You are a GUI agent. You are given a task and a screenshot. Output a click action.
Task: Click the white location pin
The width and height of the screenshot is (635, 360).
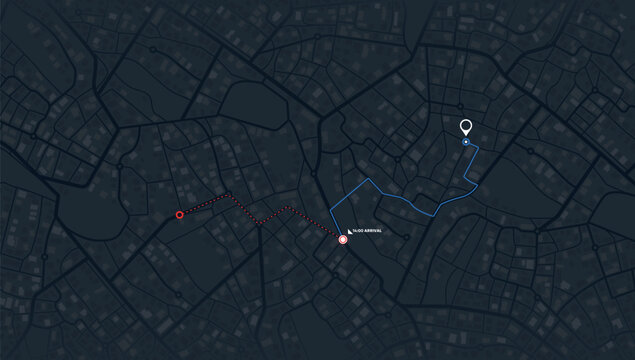(465, 128)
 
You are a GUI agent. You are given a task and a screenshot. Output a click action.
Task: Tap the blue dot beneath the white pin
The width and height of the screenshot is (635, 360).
(466, 143)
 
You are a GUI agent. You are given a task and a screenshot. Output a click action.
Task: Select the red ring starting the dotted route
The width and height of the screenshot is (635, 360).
(180, 214)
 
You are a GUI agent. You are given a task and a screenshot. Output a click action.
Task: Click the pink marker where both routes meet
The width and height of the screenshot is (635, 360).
(343, 240)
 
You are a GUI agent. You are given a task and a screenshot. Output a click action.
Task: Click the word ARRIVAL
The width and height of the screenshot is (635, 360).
(373, 231)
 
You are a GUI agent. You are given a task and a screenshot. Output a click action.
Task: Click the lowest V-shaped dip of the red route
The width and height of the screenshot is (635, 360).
(258, 223)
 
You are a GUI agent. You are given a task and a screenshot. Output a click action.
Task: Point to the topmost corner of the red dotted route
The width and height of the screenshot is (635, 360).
(229, 195)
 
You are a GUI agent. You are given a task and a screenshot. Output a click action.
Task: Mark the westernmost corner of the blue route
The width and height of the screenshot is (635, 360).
(330, 213)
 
